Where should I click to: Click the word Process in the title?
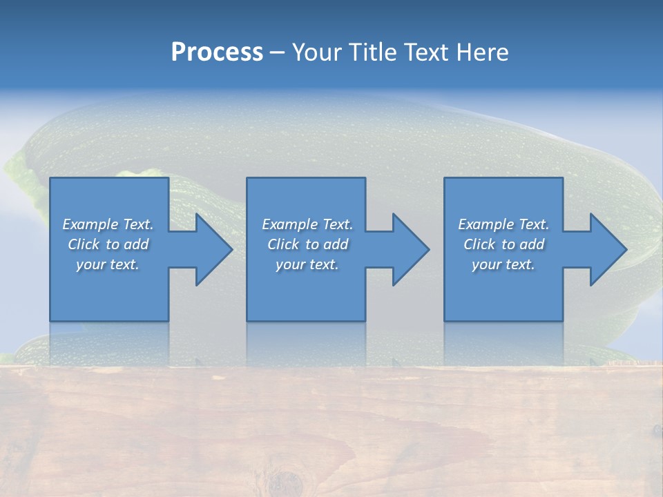217,52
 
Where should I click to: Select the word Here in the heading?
481,52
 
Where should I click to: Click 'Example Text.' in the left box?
108,224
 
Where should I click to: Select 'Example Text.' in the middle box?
307,224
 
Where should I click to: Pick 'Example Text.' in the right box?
503,224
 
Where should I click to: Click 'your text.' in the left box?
108,264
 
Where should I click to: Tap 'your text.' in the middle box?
307,264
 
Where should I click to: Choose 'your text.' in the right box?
503,264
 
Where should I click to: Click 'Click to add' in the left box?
108,244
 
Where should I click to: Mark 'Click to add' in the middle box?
307,244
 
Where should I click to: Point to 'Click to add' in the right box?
503,244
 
